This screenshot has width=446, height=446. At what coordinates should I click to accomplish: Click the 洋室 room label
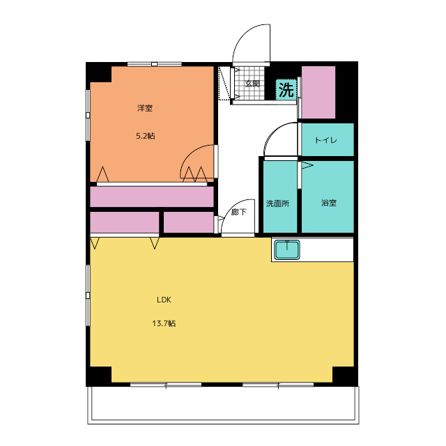pyautogui.click(x=145, y=108)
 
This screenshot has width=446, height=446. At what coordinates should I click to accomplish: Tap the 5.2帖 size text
pyautogui.click(x=146, y=136)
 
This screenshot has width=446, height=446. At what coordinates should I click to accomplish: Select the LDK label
pyautogui.click(x=164, y=300)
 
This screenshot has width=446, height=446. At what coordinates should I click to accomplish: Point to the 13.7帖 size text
pyautogui.click(x=164, y=323)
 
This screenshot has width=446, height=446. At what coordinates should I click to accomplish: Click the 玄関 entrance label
pyautogui.click(x=252, y=84)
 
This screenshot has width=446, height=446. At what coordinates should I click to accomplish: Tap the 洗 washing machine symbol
pyautogui.click(x=286, y=89)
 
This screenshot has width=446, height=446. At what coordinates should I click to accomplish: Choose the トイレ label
pyautogui.click(x=326, y=140)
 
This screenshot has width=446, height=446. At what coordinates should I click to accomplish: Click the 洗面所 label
pyautogui.click(x=277, y=203)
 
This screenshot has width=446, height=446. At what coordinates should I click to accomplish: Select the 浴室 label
pyautogui.click(x=329, y=203)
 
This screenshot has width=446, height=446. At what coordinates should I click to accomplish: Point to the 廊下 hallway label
pyautogui.click(x=238, y=212)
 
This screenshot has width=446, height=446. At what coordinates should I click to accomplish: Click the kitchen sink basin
pyautogui.click(x=287, y=250)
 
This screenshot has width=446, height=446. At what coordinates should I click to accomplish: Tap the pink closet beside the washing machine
pyautogui.click(x=318, y=93)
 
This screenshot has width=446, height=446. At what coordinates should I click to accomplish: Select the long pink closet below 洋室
pyautogui.click(x=152, y=197)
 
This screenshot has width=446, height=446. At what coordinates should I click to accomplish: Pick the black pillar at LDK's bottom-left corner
pyautogui.click(x=99, y=376)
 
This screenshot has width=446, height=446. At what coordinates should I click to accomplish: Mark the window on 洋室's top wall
pyautogui.click(x=155, y=64)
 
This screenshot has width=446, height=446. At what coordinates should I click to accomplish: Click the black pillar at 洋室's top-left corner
pyautogui.click(x=99, y=72)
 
